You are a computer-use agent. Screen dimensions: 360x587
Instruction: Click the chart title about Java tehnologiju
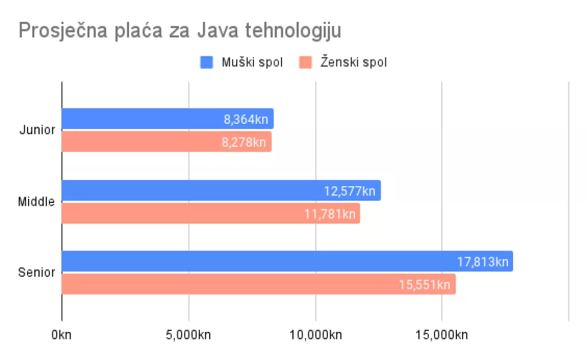pyautogui.click(x=180, y=30)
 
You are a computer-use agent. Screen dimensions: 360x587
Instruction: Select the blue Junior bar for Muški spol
pyautogui.click(x=143, y=119)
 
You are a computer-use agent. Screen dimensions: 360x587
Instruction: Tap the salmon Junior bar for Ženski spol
pyautogui.click(x=143, y=142)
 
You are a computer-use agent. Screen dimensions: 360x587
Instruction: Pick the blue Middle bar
pyautogui.click(x=189, y=190)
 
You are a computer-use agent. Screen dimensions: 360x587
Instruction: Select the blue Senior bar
pyautogui.click(x=258, y=261)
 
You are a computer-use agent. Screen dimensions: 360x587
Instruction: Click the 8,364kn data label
pyautogui.click(x=246, y=120)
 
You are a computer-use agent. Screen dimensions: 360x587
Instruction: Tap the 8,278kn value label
pyautogui.click(x=244, y=142)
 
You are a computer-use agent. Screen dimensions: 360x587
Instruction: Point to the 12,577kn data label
pyautogui.click(x=350, y=191)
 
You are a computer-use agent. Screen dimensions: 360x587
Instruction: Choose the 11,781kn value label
pyautogui.click(x=330, y=214)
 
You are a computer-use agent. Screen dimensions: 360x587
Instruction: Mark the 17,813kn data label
pyautogui.click(x=483, y=262)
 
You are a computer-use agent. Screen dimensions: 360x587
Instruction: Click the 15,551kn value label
pyautogui.click(x=425, y=285)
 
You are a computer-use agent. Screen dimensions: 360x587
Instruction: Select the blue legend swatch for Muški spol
pyautogui.click(x=206, y=62)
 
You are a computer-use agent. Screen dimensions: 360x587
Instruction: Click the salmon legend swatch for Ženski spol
pyautogui.click(x=306, y=62)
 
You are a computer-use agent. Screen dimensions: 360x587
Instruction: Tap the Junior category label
pyautogui.click(x=37, y=130)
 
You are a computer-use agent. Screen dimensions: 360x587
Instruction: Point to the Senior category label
pyautogui.click(x=37, y=272)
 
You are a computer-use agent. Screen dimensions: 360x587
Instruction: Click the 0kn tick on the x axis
pyautogui.click(x=61, y=335)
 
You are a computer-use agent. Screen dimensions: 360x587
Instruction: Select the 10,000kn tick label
pyautogui.click(x=316, y=335)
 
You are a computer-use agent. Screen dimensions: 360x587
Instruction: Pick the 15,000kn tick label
pyautogui.click(x=441, y=335)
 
